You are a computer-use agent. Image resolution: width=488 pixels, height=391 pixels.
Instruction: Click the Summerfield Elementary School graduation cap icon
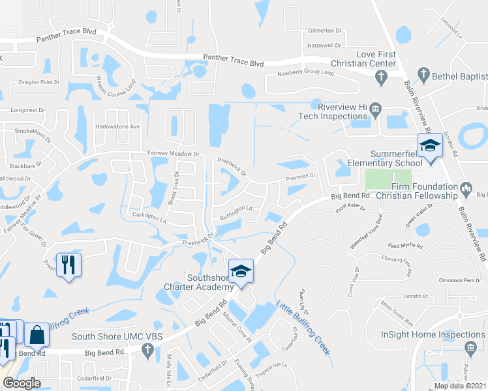click(x=430, y=145)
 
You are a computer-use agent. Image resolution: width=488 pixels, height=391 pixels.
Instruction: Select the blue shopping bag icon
click(x=38, y=335)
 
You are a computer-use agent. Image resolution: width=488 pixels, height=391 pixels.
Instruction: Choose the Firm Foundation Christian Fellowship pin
click(x=466, y=190)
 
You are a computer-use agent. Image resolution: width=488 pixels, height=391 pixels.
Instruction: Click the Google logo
click(x=21, y=383)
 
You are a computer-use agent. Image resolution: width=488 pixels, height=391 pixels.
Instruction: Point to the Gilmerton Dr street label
click(x=325, y=31)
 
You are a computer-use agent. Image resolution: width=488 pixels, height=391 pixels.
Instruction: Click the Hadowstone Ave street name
click(x=118, y=126)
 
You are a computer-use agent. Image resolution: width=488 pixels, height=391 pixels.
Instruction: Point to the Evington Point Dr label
click(x=38, y=82)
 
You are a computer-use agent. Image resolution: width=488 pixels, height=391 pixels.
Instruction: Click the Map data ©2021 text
click(x=460, y=386)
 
